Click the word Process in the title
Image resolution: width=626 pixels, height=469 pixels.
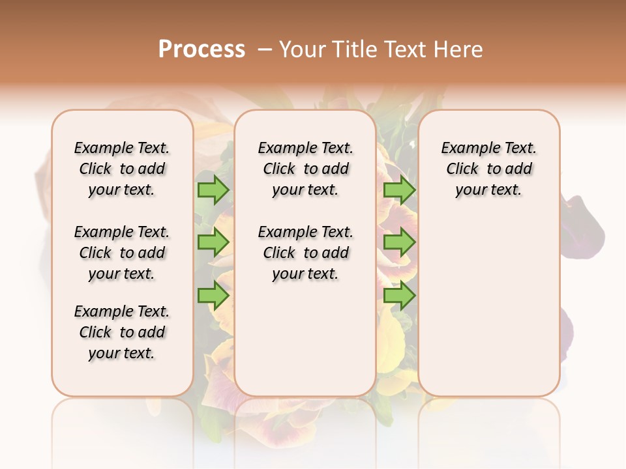(x=201, y=50)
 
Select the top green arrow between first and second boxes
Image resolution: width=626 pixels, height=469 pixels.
(x=213, y=190)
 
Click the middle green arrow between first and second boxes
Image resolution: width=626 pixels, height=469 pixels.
(x=213, y=242)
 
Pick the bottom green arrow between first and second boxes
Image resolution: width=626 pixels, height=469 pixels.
(x=213, y=296)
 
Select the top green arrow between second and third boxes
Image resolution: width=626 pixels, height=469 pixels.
(x=399, y=190)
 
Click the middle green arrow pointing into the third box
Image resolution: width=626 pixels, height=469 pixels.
(x=399, y=242)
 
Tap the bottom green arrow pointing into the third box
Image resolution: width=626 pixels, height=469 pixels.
(x=399, y=296)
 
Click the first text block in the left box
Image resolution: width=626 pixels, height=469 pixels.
(x=122, y=169)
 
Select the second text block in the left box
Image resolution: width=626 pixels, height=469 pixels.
(x=122, y=253)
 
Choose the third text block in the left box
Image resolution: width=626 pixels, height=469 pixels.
(x=122, y=332)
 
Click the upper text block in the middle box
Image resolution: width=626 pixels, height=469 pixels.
(x=305, y=169)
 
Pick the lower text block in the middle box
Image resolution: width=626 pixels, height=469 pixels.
(x=305, y=253)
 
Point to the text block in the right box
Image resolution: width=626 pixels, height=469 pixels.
(x=488, y=169)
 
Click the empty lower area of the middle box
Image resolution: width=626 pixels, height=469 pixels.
(x=305, y=339)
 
